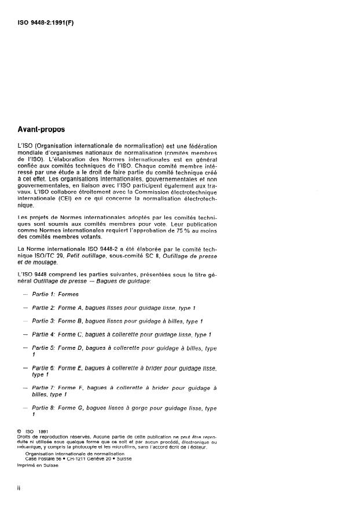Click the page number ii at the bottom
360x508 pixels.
(20, 489)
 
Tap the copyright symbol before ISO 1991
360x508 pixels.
(20, 430)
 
